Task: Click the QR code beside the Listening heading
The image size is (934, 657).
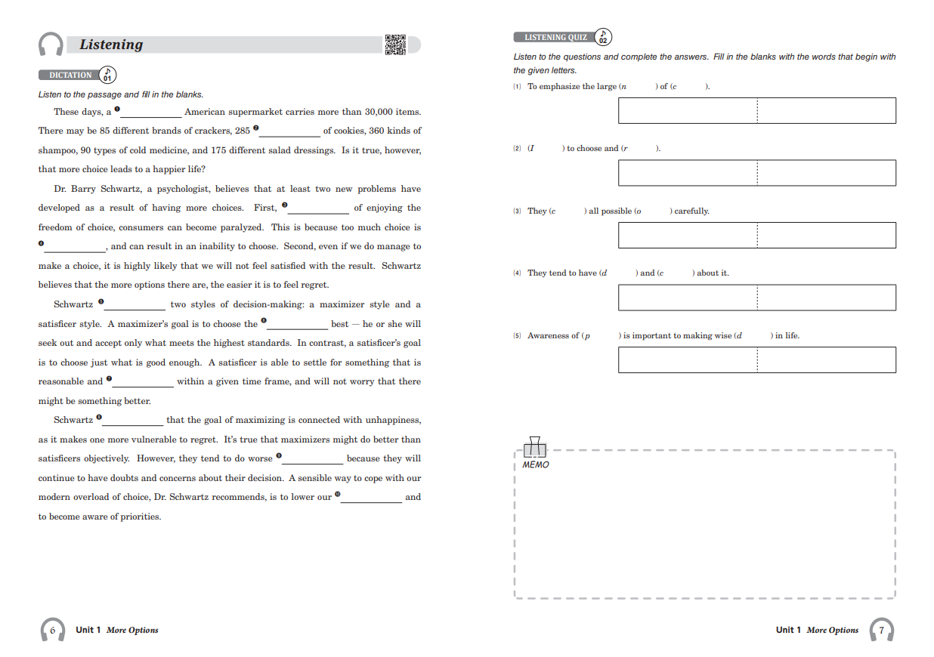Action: coord(395,45)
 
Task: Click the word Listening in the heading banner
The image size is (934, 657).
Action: coord(111,45)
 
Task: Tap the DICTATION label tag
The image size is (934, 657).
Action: coord(70,75)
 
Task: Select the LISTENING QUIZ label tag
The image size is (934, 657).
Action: coord(555,37)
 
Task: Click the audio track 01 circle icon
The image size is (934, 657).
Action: coord(107,75)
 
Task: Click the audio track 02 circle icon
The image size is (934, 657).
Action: coord(603,37)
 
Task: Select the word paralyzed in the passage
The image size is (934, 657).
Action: coord(243,227)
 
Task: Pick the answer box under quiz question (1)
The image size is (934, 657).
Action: coord(756,110)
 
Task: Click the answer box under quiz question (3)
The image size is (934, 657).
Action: coord(756,235)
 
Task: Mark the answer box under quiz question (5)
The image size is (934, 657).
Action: coord(756,359)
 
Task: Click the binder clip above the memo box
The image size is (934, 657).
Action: coord(535,446)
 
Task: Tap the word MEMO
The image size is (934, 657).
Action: coord(536,465)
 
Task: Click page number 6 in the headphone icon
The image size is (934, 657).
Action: coord(52,629)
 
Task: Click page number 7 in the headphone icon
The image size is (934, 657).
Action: coord(881,629)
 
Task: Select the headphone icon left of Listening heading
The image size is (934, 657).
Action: coord(51,45)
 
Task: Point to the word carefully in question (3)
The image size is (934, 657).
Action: coord(691,211)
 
